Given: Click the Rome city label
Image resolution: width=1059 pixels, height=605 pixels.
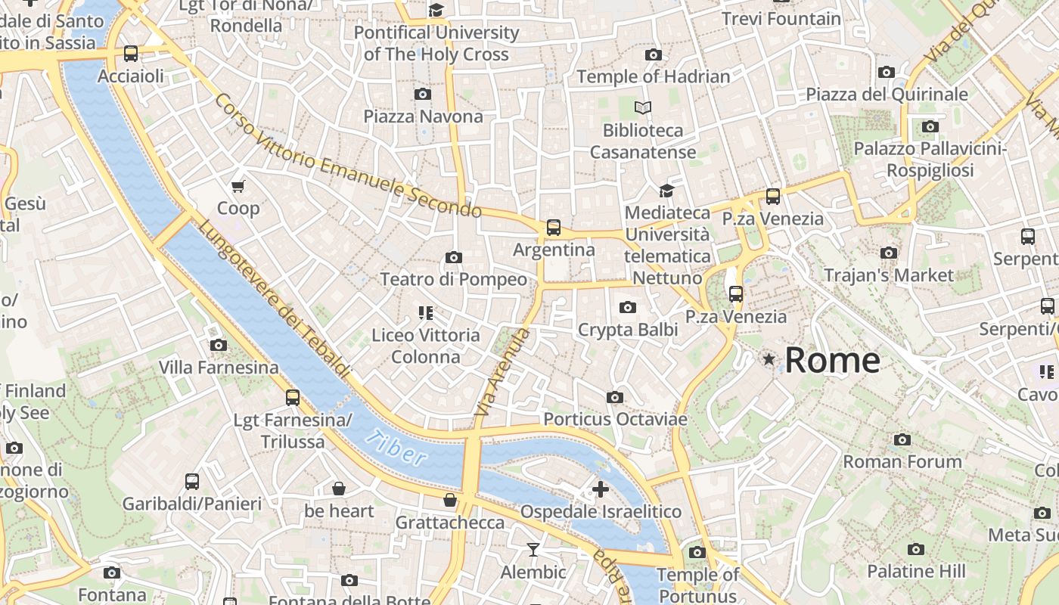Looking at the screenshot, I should point(832,360).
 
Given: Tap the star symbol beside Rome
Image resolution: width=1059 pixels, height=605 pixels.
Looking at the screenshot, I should point(769,359).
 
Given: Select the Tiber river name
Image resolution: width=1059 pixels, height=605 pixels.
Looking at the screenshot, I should point(394,447).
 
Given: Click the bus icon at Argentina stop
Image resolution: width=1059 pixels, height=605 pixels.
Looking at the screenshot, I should point(554,227).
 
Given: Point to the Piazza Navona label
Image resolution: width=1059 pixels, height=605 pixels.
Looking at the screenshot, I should point(423,116).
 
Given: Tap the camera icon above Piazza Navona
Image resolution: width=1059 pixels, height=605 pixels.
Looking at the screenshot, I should point(423,94).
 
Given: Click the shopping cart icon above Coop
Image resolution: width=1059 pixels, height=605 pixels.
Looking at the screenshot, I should point(238,186).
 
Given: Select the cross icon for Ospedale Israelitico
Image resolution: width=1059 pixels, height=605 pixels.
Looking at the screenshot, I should point(601,489).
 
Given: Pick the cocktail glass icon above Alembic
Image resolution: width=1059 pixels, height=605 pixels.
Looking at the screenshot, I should point(533,550).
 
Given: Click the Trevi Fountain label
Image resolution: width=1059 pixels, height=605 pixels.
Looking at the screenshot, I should point(781,19).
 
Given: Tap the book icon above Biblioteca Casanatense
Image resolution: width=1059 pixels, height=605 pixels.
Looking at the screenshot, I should point(643,108).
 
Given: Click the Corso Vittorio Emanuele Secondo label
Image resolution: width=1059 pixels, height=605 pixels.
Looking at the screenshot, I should point(347,156).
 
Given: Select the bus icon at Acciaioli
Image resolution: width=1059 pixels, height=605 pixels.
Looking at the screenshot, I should point(131,54).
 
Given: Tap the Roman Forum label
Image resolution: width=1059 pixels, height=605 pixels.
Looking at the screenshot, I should point(902,461).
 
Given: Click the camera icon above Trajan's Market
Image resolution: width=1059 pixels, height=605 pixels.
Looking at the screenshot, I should point(889,253).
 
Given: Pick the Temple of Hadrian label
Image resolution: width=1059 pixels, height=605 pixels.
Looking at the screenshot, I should point(654,76).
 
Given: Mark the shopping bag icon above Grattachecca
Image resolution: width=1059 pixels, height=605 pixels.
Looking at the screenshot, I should point(450,500).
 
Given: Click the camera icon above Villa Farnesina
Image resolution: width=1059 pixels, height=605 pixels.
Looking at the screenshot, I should point(219,345).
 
